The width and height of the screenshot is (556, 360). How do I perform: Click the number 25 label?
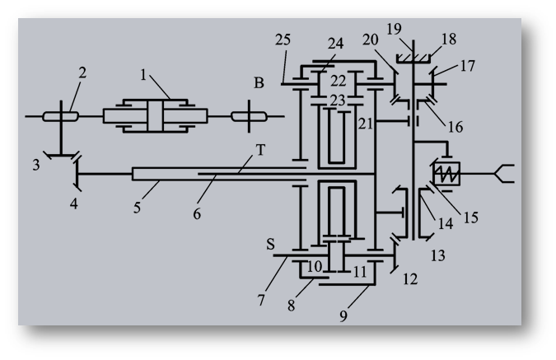[283, 40]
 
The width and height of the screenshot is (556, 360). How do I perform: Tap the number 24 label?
[335, 44]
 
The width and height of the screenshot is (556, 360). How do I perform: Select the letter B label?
[259, 83]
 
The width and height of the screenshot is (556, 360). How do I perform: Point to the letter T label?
[260, 150]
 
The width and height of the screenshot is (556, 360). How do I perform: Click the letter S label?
[270, 244]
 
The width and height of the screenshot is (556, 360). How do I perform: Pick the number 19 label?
[394, 30]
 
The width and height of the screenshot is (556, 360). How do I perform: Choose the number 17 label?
[467, 66]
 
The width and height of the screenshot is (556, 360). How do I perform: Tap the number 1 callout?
[143, 75]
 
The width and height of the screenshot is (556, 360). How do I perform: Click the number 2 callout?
[82, 72]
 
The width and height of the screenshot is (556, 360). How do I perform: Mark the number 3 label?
[35, 166]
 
